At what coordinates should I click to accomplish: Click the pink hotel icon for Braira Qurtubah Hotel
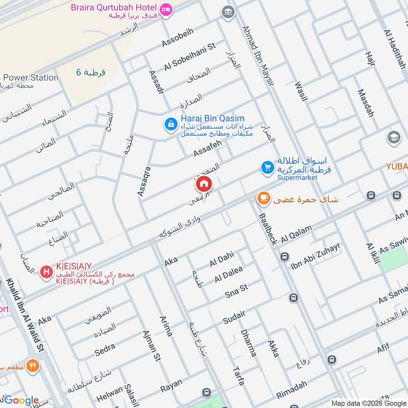[166, 9]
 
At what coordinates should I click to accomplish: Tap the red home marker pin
[204, 184]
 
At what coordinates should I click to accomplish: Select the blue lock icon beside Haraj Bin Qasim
[170, 123]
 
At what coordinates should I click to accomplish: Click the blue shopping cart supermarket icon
[267, 167]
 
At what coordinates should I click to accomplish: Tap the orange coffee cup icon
[263, 198]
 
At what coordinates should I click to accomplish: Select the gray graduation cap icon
[394, 137]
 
